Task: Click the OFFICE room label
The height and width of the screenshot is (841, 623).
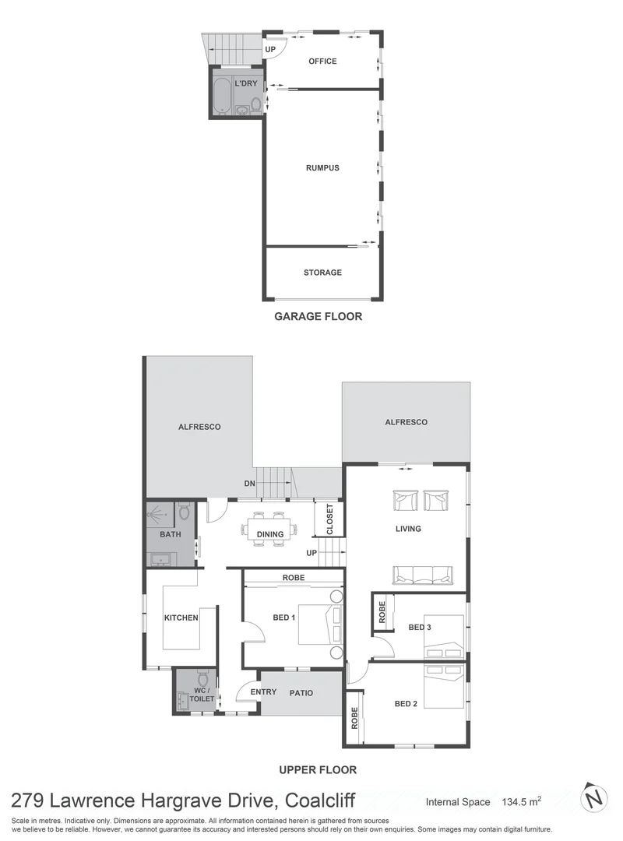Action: click(322, 61)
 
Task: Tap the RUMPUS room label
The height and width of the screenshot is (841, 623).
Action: click(322, 167)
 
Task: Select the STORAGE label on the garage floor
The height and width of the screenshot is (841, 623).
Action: click(322, 273)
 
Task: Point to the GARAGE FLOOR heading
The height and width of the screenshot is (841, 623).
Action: click(318, 317)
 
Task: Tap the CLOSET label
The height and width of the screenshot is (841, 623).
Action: click(329, 519)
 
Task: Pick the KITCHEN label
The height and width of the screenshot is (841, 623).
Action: click(181, 618)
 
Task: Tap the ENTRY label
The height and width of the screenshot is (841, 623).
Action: click(263, 691)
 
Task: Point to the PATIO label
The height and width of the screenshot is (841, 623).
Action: click(301, 691)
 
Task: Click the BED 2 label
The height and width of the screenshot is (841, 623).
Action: click(406, 704)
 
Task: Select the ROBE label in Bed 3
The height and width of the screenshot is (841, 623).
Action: click(382, 612)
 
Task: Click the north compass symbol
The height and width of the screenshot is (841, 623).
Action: click(594, 799)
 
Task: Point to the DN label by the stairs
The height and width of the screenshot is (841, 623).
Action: click(249, 484)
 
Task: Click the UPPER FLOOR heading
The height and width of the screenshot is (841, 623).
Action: click(318, 769)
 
